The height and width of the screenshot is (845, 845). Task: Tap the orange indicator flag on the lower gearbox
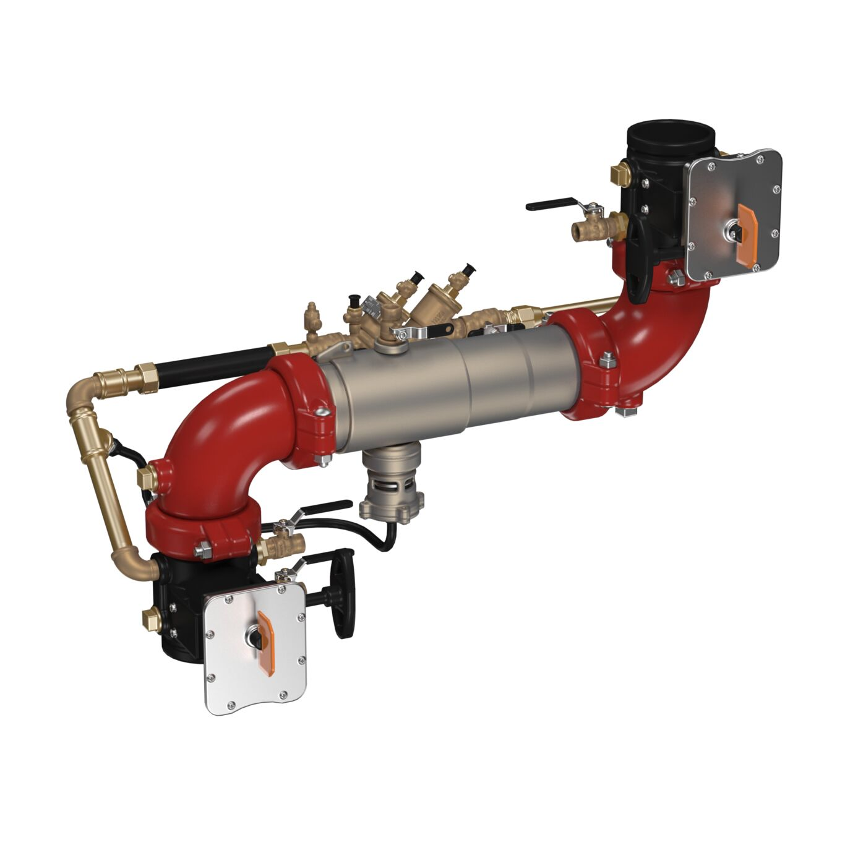point(267,640)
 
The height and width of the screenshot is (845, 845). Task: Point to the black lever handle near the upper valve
point(551,204)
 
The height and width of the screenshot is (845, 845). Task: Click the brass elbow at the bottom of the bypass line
point(133,560)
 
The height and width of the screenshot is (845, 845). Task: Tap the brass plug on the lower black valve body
point(151,619)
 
